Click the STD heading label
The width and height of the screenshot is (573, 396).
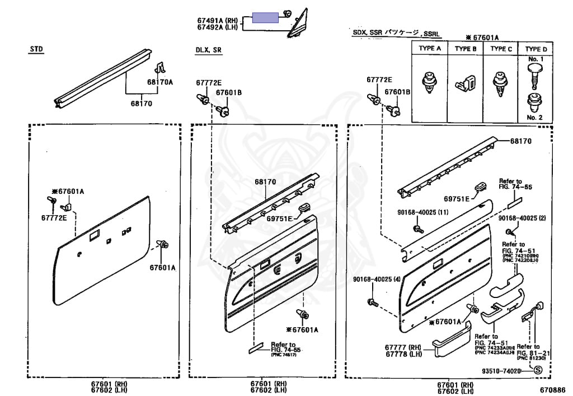pos(36,49)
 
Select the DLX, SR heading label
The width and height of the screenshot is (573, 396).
pos(208,50)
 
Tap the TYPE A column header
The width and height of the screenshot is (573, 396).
pos(430,49)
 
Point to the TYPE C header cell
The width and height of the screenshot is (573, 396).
pos(501,49)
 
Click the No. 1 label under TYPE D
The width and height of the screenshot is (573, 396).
pos(535,59)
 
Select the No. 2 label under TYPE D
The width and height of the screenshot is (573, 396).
pos(535,117)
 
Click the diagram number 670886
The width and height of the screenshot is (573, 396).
pos(552,389)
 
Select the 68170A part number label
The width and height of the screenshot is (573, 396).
pos(160,82)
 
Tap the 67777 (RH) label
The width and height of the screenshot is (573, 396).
pos(402,347)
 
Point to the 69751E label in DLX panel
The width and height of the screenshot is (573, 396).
pos(279,218)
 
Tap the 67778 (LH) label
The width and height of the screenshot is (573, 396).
pos(402,354)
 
